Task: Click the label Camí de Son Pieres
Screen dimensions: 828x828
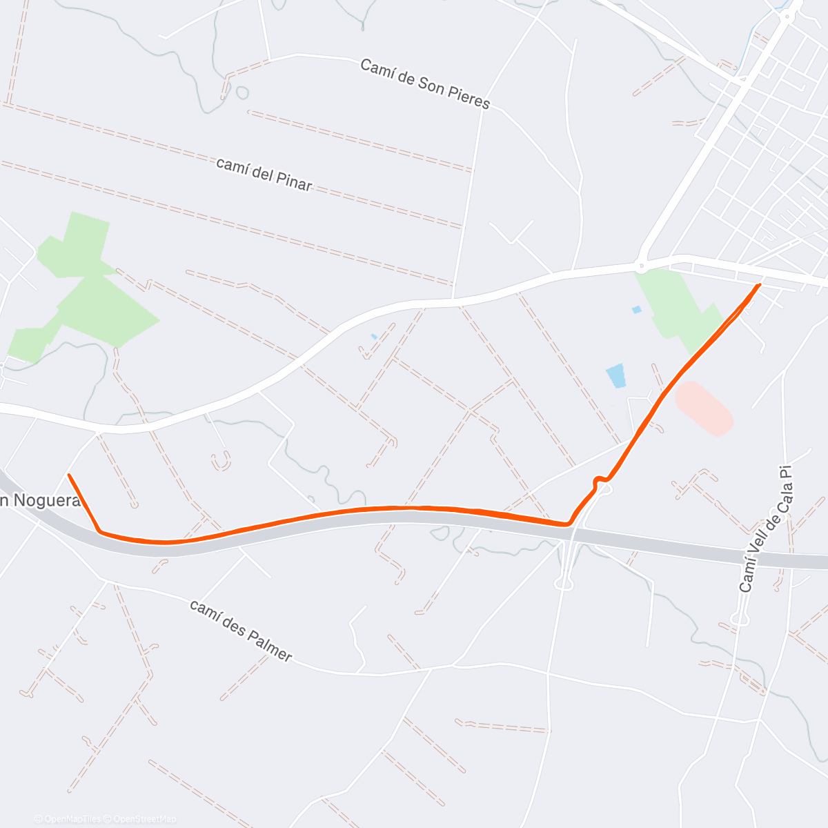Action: pos(424,83)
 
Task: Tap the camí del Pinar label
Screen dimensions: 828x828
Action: pos(264,174)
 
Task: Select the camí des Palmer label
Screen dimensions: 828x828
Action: pos(241,630)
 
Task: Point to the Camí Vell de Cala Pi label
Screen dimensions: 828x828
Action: pos(764,529)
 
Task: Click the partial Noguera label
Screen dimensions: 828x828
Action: pos(39,501)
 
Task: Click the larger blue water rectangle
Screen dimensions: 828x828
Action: pos(615,375)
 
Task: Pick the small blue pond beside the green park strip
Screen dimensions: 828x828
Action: pos(636,310)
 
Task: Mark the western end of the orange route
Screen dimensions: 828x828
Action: pos(69,475)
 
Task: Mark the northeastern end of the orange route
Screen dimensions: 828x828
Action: pos(760,284)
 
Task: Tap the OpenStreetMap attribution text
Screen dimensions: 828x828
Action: pos(144,819)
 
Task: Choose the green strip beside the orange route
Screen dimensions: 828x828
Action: pos(680,310)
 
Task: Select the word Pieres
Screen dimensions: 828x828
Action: pos(466,97)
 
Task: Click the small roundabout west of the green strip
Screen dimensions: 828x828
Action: pos(641,263)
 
